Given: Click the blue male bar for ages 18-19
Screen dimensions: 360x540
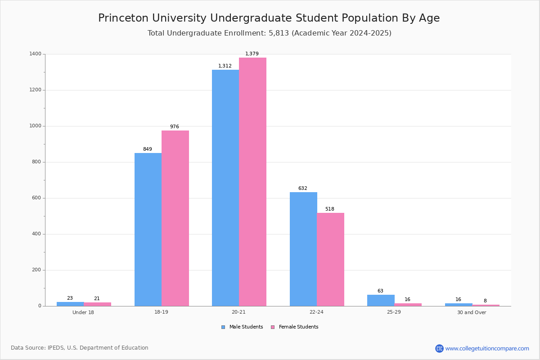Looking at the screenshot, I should click(x=148, y=229).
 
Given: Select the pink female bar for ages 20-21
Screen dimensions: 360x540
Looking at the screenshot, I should click(x=252, y=182).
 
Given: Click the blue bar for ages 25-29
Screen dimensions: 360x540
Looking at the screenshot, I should click(x=381, y=301).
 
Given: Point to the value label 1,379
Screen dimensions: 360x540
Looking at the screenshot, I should click(x=252, y=54).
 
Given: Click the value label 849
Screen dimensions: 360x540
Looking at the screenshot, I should click(x=148, y=149).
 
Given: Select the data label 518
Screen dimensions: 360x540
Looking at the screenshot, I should click(x=330, y=209).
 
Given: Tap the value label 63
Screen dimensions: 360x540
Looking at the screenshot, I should click(x=380, y=291).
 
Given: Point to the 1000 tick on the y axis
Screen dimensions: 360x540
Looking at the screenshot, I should click(x=36, y=126).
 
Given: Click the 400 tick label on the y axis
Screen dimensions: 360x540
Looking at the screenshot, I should click(x=36, y=234).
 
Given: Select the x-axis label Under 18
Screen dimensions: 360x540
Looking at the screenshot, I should click(x=83, y=312).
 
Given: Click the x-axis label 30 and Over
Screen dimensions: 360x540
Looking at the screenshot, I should click(x=472, y=312).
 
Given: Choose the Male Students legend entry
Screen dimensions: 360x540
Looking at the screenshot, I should click(x=246, y=327).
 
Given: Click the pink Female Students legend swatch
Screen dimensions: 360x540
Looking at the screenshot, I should click(x=273, y=327).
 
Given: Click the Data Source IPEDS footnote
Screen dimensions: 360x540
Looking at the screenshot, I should click(x=80, y=348).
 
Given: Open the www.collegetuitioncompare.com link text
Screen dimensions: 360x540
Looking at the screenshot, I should click(x=487, y=348).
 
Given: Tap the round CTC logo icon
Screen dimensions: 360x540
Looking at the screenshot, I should click(x=439, y=348).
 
